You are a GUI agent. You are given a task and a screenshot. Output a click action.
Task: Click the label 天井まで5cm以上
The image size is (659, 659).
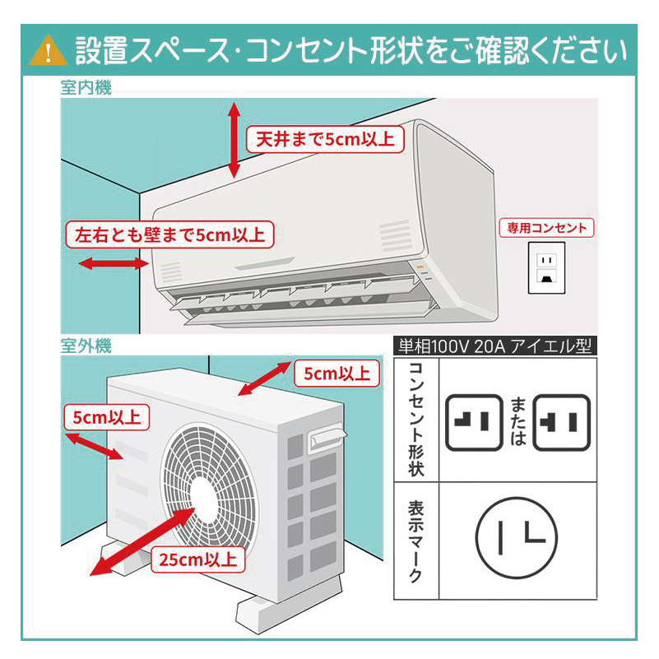325,139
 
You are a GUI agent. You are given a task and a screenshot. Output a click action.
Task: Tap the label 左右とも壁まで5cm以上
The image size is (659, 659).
169,234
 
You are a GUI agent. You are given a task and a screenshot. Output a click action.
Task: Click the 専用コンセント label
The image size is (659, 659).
547,228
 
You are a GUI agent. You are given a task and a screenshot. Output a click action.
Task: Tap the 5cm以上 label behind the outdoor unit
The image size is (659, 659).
336,374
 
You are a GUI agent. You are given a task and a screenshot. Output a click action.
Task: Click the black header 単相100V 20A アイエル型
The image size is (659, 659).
494,346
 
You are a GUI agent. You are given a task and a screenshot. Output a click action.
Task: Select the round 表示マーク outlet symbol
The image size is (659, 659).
515,540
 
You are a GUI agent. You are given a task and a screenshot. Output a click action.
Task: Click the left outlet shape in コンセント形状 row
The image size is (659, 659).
475,421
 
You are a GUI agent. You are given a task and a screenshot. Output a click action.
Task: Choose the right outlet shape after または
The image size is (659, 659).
562,422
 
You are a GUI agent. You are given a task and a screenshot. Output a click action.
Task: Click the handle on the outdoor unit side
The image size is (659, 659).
325,438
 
